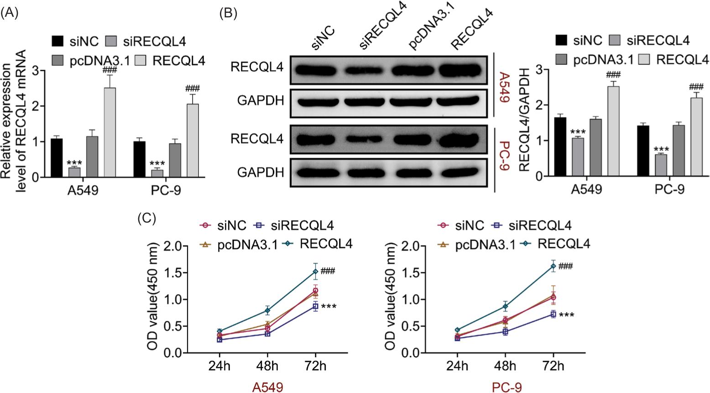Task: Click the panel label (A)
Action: point(10,13)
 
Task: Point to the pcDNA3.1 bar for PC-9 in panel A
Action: point(175,160)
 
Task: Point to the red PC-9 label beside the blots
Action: point(503,156)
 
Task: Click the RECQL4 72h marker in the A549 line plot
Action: point(315,272)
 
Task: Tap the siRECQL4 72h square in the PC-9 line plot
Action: point(553,314)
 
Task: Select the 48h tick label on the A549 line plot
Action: point(267,366)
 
